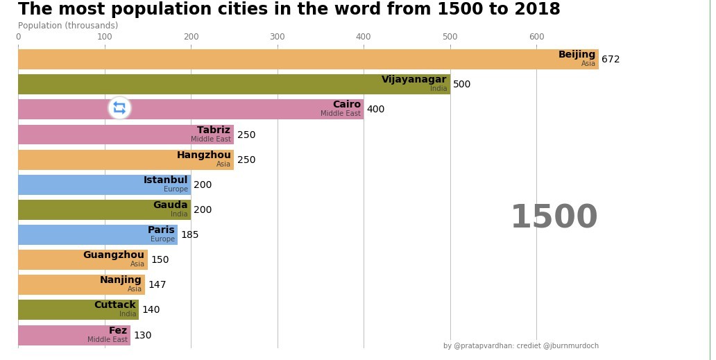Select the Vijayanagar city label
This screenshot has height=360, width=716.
click(414, 80)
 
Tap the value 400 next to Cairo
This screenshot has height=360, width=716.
click(375, 110)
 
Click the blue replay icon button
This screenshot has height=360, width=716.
click(119, 108)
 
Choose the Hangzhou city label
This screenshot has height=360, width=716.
click(203, 155)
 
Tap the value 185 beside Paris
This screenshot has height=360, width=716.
click(190, 235)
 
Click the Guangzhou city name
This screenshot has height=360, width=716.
click(113, 255)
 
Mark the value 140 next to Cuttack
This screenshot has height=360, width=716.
click(151, 310)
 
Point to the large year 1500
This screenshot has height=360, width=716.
click(554, 218)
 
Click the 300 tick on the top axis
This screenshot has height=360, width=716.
click(278, 37)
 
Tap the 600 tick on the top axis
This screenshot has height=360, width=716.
click(536, 37)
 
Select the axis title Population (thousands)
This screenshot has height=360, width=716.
click(68, 26)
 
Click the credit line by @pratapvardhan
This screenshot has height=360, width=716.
click(520, 346)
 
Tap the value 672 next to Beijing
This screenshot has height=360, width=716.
click(611, 60)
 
